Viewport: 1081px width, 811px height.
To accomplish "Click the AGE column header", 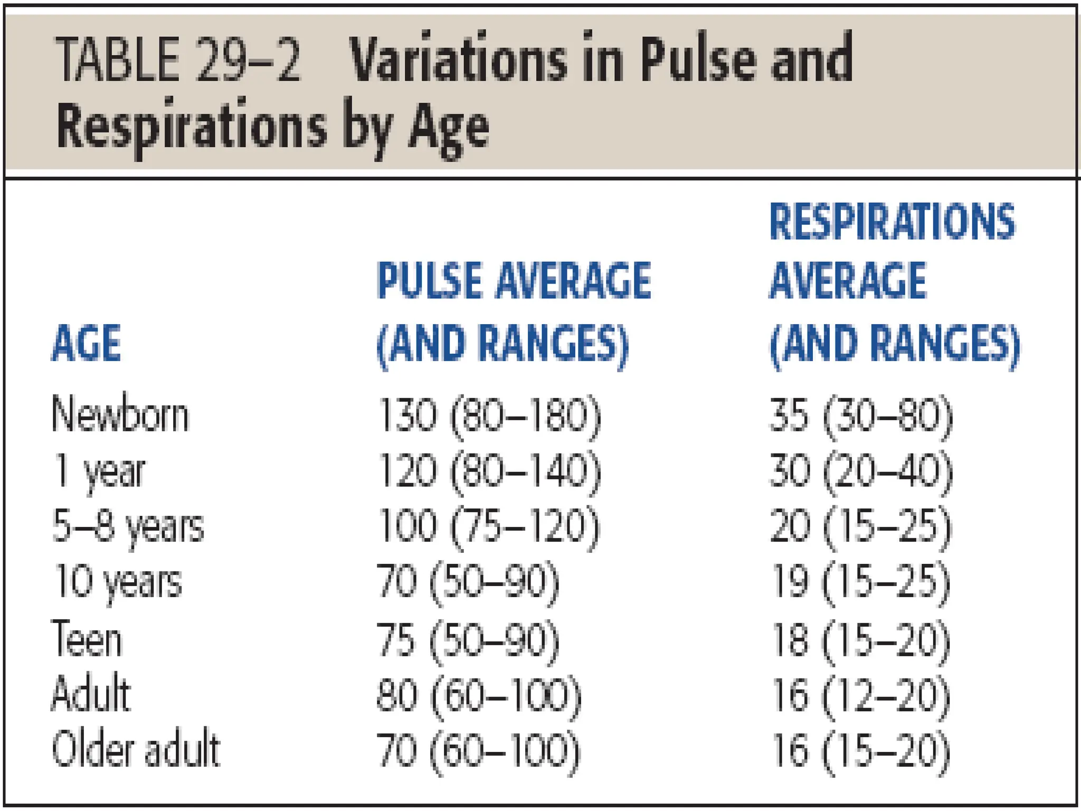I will pos(87,344).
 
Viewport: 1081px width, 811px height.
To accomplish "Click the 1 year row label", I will pos(99,471).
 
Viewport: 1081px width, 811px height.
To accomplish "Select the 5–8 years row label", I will pos(128,527).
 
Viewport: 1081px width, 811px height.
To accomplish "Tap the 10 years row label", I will pos(117,582).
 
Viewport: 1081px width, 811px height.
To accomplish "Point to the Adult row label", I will pos(91,694).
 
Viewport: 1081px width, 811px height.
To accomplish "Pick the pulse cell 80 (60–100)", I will pos(479,695).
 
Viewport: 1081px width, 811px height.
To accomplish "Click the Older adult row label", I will pos(135,750).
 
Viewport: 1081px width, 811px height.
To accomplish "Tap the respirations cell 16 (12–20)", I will pos(861,695).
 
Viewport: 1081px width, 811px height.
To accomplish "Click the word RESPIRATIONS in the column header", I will pos(892,222).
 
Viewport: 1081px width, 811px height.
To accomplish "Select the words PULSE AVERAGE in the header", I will pos(514,280).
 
